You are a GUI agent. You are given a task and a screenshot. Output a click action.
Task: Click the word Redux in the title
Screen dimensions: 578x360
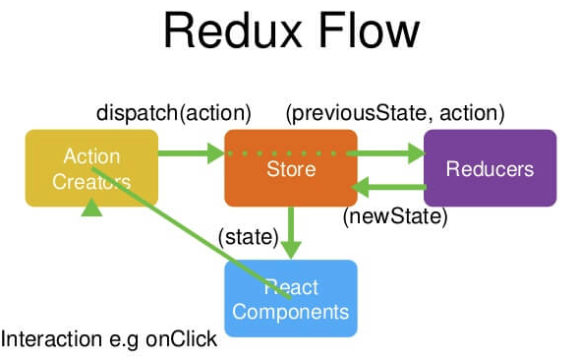233,30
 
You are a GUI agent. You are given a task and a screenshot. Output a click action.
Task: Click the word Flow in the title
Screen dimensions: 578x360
369,30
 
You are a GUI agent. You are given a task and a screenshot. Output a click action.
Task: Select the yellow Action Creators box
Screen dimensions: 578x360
91,168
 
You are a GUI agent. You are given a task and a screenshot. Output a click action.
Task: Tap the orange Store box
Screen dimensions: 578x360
291,168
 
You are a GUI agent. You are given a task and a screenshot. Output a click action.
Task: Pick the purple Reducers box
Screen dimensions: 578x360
490,168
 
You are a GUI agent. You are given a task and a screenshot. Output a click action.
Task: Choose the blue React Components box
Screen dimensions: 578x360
291,299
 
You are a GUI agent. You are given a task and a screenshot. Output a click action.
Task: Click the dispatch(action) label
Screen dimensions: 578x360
174,113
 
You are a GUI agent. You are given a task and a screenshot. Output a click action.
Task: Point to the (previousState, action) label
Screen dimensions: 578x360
395,113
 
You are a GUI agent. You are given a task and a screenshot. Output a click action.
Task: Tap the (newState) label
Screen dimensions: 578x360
395,216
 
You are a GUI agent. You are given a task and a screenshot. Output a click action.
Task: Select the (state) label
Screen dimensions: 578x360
249,237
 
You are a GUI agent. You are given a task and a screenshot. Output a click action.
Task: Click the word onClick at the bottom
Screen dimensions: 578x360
181,339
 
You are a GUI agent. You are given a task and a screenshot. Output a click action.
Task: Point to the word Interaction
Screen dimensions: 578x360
51,339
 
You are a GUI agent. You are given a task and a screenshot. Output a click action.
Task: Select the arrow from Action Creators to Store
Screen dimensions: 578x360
192,153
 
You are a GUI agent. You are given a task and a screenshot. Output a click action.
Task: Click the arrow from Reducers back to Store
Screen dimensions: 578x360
388,187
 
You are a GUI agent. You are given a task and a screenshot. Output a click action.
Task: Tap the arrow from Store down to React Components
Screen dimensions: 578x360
291,233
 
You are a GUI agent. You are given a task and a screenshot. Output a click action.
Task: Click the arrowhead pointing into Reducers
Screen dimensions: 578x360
416,153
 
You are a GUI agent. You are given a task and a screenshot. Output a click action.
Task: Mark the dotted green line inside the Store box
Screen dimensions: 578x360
287,153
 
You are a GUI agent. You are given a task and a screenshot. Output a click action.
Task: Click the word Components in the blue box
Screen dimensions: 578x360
291,312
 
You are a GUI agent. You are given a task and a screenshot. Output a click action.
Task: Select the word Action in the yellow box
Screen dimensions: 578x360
91,156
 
